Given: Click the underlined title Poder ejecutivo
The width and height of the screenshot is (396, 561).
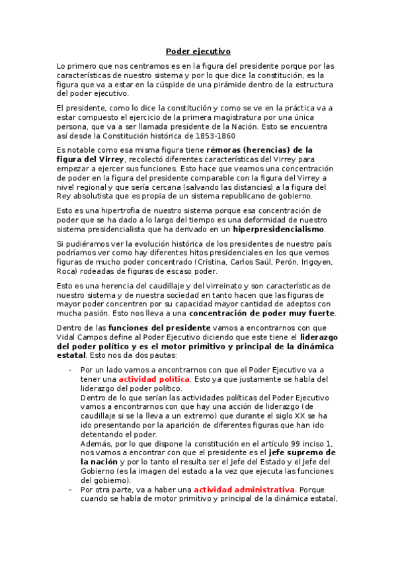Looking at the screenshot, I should click(198, 51).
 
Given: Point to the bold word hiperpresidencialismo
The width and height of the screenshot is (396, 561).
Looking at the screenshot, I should click(278, 229).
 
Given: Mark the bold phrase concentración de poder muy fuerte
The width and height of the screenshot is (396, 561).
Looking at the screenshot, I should click(262, 313).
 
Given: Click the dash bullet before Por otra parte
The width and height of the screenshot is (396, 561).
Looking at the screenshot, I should click(71, 490).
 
